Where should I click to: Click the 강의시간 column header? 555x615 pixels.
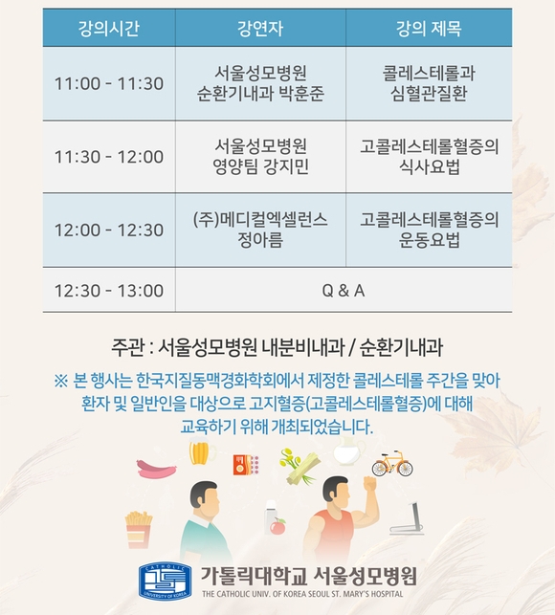tap(109, 29)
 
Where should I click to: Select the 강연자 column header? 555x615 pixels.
tap(260, 29)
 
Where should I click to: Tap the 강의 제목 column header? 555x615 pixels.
tap(429, 29)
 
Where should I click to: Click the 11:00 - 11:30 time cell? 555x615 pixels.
tap(109, 83)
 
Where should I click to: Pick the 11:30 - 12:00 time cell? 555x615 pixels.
tap(109, 157)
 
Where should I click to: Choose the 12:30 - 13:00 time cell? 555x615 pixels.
tap(109, 291)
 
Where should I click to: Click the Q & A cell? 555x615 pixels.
tap(344, 291)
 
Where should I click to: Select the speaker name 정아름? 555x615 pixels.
tap(260, 240)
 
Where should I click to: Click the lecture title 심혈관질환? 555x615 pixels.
tap(429, 94)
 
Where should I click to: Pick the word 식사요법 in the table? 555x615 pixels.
tap(429, 166)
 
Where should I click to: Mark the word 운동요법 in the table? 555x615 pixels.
tap(429, 240)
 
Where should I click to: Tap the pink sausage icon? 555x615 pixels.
tap(157, 469)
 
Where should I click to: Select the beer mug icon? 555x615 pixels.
tap(202, 453)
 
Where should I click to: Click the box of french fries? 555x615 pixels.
tap(139, 530)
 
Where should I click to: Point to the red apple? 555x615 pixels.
tap(277, 526)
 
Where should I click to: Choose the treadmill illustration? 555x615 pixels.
tap(408, 518)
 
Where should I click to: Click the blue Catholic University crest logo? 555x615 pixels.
tap(165, 582)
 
